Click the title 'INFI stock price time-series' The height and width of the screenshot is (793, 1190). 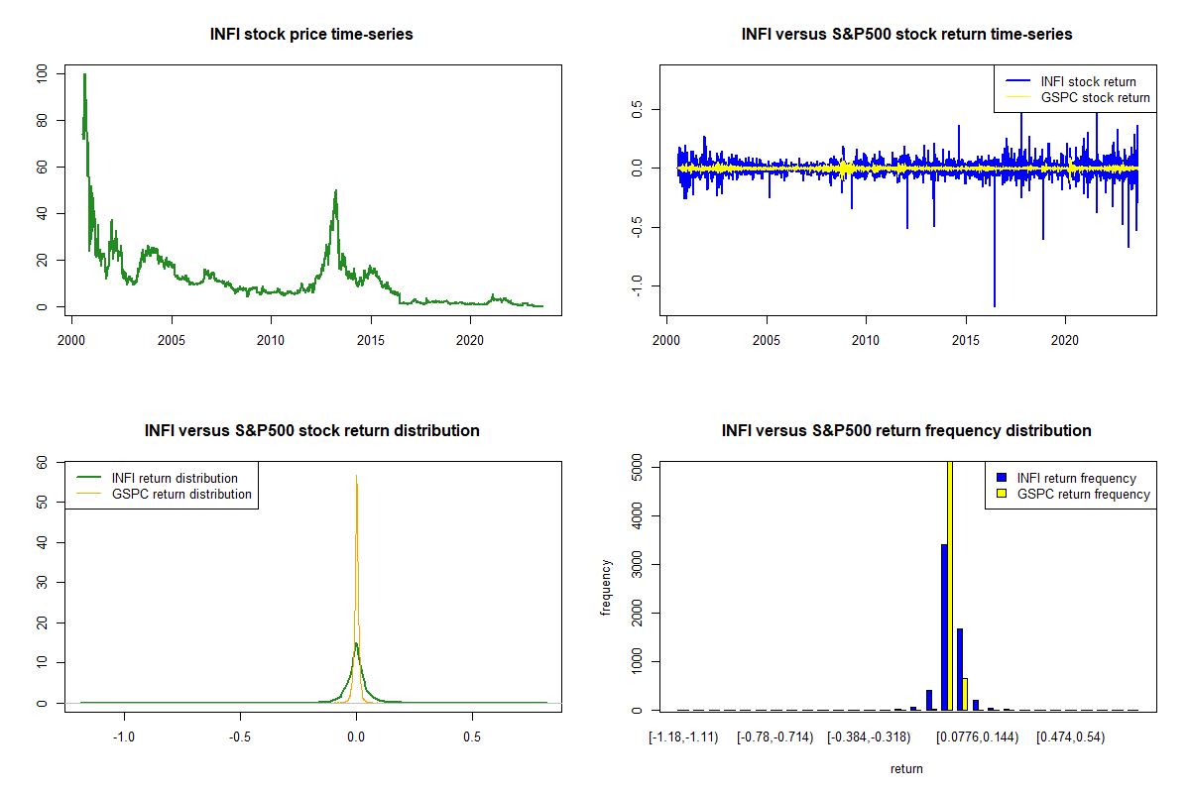(x=311, y=34)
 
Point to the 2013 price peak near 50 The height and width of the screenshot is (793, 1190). (x=336, y=190)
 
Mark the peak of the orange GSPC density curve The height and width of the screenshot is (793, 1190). (x=356, y=476)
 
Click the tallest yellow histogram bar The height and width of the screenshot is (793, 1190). (x=950, y=585)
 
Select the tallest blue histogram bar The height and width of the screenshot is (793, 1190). (x=944, y=627)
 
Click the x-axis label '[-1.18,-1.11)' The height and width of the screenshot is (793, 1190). (x=683, y=737)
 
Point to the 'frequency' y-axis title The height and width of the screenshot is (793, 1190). (x=606, y=587)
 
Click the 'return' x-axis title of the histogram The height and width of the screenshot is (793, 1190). (x=906, y=768)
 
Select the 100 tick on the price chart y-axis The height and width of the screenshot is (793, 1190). (x=42, y=73)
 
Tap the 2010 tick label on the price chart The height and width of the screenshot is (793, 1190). (x=271, y=340)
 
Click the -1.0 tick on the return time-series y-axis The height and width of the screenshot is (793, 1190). (x=637, y=285)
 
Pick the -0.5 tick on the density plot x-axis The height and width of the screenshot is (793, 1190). (x=240, y=737)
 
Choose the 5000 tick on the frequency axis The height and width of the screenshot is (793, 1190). (x=637, y=468)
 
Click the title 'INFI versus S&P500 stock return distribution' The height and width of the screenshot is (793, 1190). (x=311, y=430)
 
